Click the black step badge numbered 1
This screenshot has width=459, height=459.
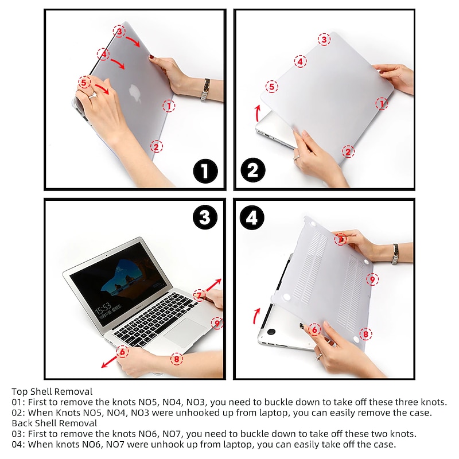[205, 171]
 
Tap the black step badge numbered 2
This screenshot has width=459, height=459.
[253, 170]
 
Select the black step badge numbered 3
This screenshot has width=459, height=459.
[205, 217]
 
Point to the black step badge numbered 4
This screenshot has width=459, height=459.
[252, 217]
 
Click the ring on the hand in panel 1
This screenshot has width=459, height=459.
[92, 95]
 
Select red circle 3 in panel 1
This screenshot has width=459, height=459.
[119, 31]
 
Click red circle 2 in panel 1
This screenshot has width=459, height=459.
[156, 146]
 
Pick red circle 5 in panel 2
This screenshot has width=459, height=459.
[271, 87]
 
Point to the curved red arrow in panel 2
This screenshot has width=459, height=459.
[258, 113]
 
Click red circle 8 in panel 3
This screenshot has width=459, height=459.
[177, 359]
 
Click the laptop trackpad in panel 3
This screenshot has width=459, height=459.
[185, 332]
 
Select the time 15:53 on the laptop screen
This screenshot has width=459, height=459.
[103, 308]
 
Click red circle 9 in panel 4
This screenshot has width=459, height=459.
[372, 279]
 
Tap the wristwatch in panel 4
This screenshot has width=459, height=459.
[395, 254]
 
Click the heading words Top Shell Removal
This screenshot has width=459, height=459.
[52, 391]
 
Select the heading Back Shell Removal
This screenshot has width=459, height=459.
[55, 423]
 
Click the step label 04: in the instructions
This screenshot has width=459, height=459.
[18, 444]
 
